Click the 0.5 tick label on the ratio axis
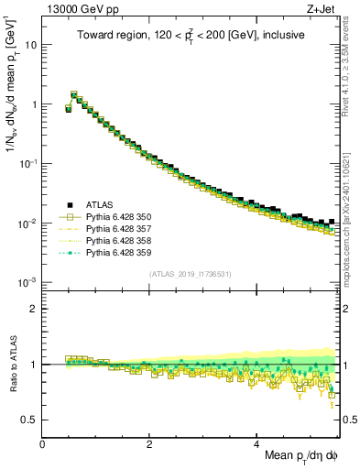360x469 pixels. (x=29, y=420)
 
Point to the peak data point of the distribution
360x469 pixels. (x=74, y=94)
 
